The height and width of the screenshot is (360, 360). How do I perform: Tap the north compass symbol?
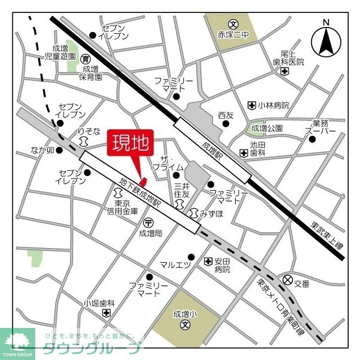point(326,40)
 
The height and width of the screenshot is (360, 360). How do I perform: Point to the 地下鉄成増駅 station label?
point(139,192)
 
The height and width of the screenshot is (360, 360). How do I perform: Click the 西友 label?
point(226,115)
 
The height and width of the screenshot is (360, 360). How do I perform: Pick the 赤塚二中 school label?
point(233,34)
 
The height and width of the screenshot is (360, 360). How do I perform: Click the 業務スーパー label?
point(321,127)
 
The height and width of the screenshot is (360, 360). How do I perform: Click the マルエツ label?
point(175,265)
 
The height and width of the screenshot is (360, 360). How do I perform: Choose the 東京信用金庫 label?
point(119,206)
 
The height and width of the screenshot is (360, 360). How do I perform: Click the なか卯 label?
point(43,151)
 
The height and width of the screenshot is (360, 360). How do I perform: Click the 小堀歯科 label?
point(99,303)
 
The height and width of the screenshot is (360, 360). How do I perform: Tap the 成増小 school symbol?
point(184,325)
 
